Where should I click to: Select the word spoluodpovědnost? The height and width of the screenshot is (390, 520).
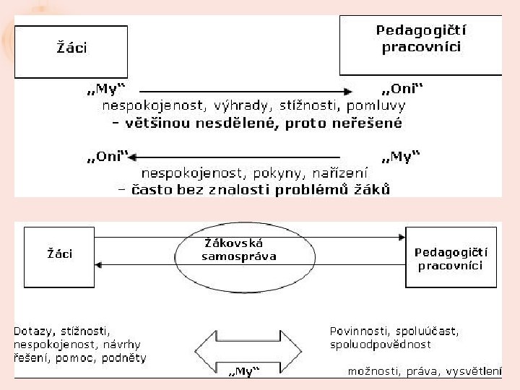point(380,344)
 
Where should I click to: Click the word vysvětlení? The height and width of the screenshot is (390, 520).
point(474,371)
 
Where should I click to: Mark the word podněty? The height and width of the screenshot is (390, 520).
point(124,358)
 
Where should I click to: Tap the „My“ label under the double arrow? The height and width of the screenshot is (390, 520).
point(244,371)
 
